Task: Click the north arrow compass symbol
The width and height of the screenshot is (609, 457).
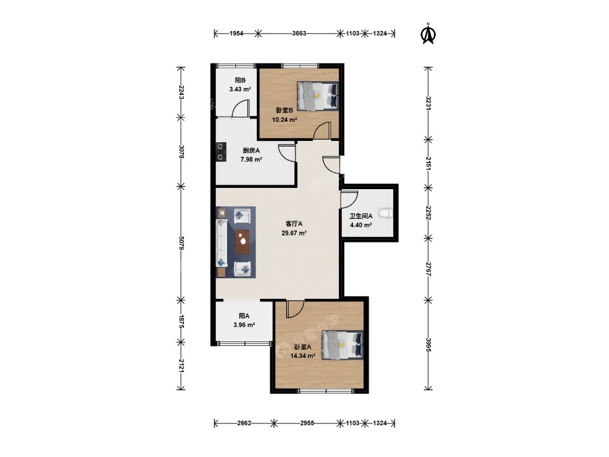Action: pyautogui.click(x=428, y=34)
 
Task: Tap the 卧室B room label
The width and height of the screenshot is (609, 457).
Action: pyautogui.click(x=284, y=110)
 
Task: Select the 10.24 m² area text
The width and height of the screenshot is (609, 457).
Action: pyautogui.click(x=284, y=120)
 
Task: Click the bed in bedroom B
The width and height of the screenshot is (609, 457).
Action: pyautogui.click(x=318, y=96)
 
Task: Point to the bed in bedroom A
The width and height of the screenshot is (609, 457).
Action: pyautogui.click(x=343, y=345)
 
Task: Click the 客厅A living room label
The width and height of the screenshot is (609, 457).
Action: pyautogui.click(x=294, y=224)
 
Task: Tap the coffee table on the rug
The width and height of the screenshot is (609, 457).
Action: pyautogui.click(x=242, y=242)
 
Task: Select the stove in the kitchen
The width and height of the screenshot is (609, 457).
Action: pyautogui.click(x=221, y=152)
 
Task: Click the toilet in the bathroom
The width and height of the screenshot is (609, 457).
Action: pyautogui.click(x=387, y=213)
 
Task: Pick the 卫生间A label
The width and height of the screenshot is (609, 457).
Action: pyautogui.click(x=361, y=216)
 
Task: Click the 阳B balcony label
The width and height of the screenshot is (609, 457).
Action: pyautogui.click(x=240, y=81)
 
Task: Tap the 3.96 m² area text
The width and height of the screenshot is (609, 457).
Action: pyautogui.click(x=244, y=325)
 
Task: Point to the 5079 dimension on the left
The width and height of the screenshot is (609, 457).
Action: pyautogui.click(x=181, y=243)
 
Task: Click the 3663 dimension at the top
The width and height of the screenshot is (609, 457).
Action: pyautogui.click(x=299, y=34)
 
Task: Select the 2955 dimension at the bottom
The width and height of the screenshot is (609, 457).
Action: pyautogui.click(x=307, y=423)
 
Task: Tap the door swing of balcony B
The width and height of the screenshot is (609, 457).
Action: pyautogui.click(x=240, y=109)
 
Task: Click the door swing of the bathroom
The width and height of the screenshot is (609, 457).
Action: pyautogui.click(x=349, y=199)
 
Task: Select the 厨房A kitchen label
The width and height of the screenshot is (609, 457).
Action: pyautogui.click(x=251, y=150)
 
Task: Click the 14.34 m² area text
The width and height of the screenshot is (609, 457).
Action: pyautogui.click(x=303, y=355)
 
